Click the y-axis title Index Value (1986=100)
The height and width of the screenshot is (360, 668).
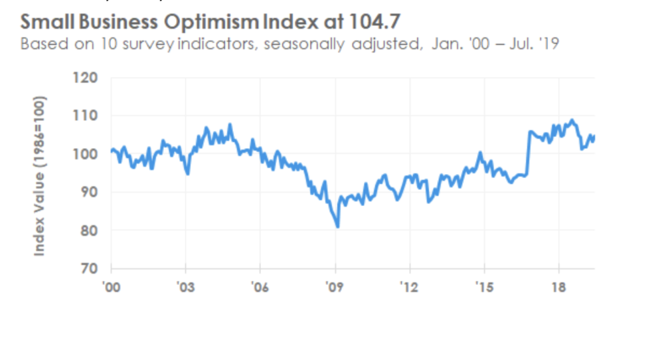coord(40,176)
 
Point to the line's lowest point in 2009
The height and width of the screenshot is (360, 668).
coord(338,227)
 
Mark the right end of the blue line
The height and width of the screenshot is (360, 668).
coord(594,136)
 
